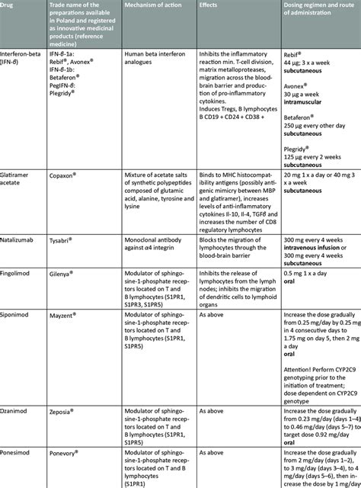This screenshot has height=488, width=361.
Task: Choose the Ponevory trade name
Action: [81, 451]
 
